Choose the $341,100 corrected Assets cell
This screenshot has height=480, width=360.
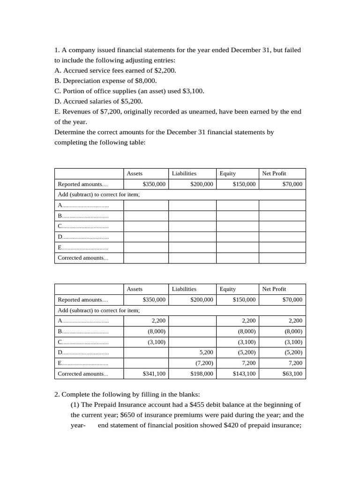pyautogui.click(x=154, y=374)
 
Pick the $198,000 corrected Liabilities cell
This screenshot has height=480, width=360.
pyautogui.click(x=202, y=374)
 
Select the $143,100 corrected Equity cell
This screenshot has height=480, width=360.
pyautogui.click(x=244, y=374)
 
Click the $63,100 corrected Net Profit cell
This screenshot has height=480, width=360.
pyautogui.click(x=292, y=374)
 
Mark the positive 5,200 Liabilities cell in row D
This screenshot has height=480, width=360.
pyautogui.click(x=206, y=352)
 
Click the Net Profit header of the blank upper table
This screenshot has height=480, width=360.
pyautogui.click(x=274, y=173)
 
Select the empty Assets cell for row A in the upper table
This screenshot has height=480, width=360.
pyautogui.click(x=146, y=205)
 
